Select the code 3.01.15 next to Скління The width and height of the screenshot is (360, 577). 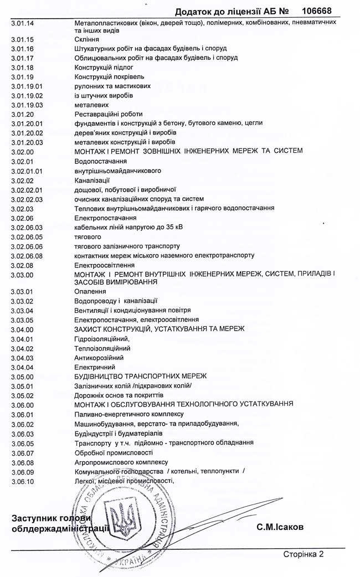(23, 40)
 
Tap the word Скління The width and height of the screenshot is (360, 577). (88, 40)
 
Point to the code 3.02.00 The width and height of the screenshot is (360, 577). (23, 151)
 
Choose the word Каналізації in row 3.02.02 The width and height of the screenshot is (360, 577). (92, 180)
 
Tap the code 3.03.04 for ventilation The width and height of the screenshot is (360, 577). (23, 310)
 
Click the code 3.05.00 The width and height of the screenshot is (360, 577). (23, 376)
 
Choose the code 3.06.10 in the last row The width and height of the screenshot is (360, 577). (23, 481)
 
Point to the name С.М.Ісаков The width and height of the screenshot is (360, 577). (280, 527)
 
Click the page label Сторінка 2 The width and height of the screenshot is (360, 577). (302, 553)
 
